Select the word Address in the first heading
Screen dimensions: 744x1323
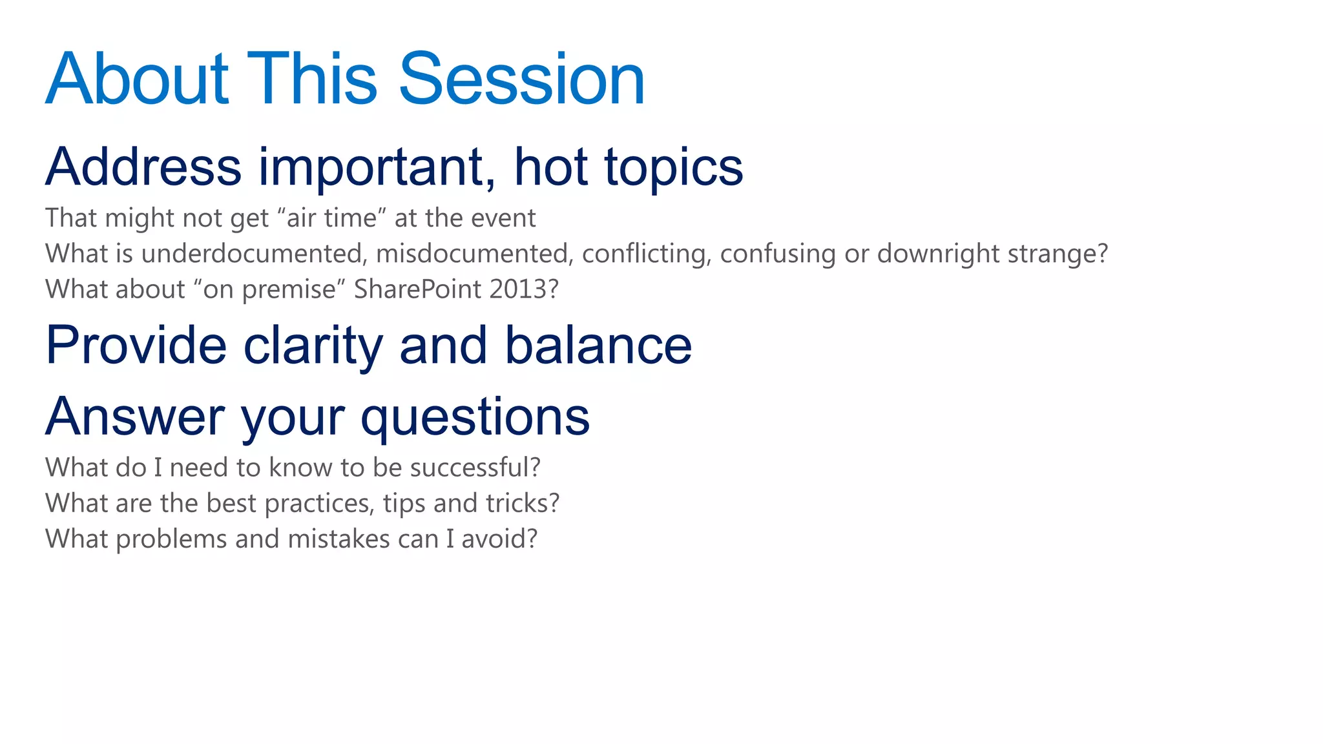(143, 167)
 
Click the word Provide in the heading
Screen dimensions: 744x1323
(136, 346)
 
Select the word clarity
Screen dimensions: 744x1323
(313, 347)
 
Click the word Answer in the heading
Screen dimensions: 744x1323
(135, 417)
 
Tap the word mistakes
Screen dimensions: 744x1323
(339, 539)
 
